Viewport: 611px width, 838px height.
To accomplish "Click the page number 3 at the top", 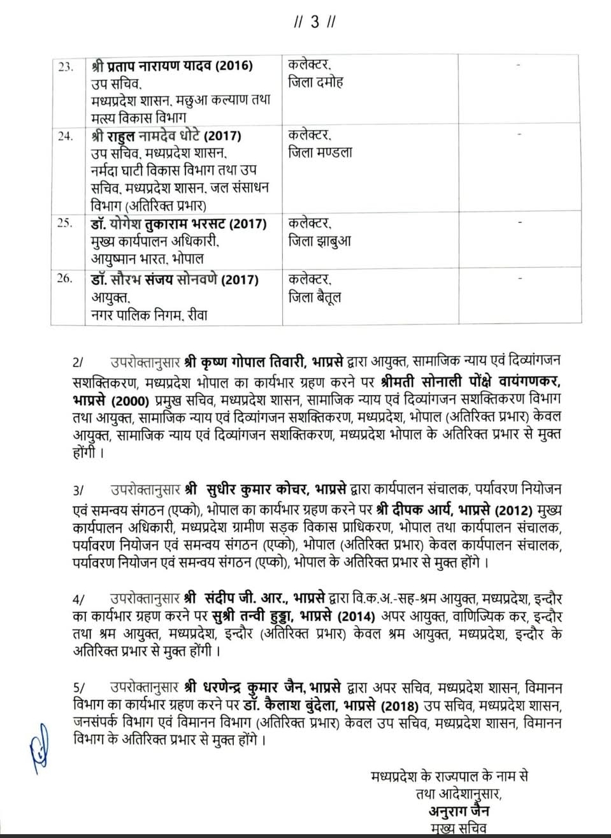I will click(x=315, y=22).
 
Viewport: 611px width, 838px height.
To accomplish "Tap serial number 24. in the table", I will click(x=66, y=136).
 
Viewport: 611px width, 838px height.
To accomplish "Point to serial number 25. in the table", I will click(x=65, y=224).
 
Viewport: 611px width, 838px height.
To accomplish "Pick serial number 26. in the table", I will click(x=65, y=279).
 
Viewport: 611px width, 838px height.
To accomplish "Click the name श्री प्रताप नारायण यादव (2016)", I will click(x=172, y=66).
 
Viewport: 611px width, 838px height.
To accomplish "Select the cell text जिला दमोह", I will click(x=316, y=82).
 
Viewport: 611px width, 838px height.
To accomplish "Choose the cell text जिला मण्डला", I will click(x=320, y=152).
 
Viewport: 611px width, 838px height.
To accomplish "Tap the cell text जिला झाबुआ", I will click(x=320, y=241).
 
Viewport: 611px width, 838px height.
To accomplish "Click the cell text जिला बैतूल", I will click(x=315, y=297).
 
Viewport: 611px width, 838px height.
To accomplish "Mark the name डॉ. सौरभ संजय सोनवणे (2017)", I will click(x=175, y=280).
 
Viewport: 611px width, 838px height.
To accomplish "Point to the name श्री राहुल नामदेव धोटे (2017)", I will click(x=166, y=136).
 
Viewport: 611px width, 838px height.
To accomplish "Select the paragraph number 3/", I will click(x=78, y=491).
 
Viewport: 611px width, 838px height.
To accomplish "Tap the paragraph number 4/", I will click(x=78, y=600).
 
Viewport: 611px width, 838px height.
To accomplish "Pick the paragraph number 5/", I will click(x=78, y=688).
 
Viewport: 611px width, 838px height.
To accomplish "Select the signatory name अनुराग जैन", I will click(x=459, y=811).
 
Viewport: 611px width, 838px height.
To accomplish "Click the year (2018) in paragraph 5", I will click(x=400, y=706).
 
